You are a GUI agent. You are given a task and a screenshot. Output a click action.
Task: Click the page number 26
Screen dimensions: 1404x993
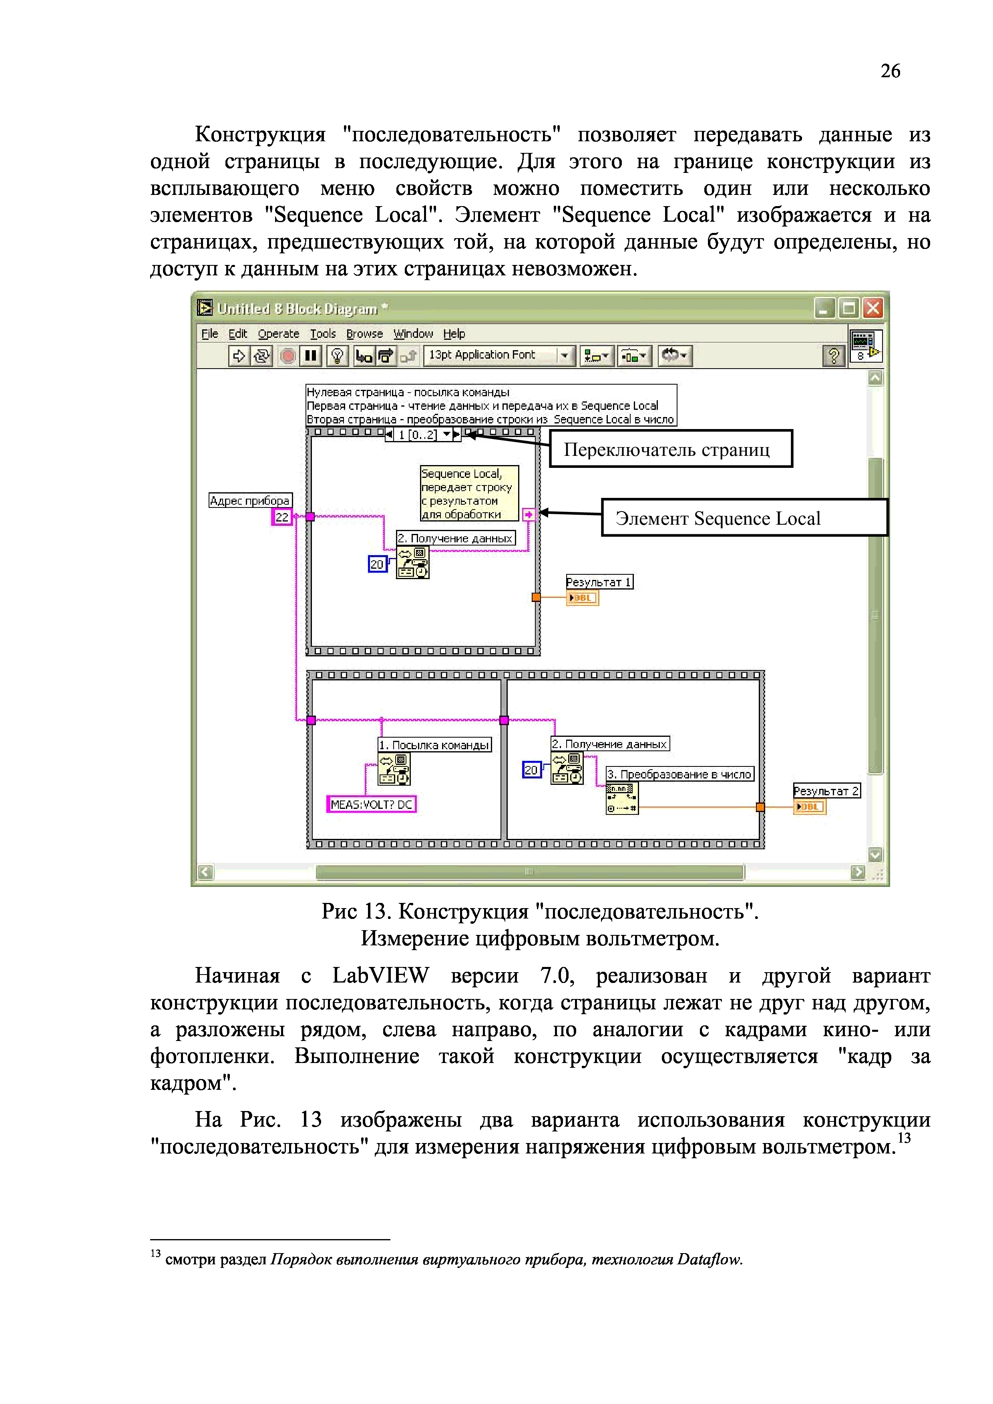[x=890, y=72]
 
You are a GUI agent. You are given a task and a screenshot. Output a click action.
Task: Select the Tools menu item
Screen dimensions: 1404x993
[x=322, y=334]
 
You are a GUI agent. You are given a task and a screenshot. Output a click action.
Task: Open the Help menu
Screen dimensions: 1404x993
[x=454, y=334]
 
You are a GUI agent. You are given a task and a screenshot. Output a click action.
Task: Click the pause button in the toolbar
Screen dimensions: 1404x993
[x=311, y=355]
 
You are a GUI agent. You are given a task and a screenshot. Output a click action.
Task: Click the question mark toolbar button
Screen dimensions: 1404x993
[x=833, y=355]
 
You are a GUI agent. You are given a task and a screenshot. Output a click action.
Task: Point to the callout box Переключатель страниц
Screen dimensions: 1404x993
[x=671, y=449]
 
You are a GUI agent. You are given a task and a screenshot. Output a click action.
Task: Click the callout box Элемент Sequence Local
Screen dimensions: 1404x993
[x=744, y=518]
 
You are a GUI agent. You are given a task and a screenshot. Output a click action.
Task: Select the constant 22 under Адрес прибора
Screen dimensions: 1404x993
[x=281, y=517]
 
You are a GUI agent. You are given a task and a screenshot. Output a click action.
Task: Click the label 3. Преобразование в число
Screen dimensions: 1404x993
[x=679, y=774]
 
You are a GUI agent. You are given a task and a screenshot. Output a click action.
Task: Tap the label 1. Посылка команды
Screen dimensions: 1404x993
[x=434, y=745]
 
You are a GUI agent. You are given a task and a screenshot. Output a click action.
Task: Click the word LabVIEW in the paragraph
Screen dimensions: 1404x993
[x=380, y=976]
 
